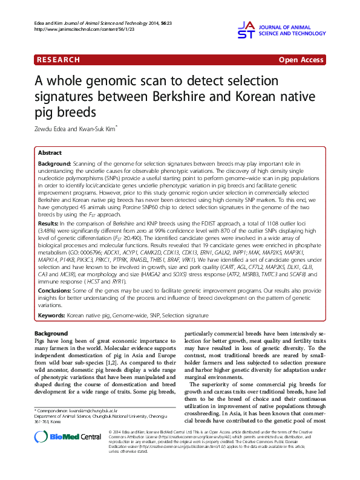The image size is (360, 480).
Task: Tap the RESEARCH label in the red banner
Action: pos(59,60)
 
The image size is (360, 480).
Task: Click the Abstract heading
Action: pos(51,154)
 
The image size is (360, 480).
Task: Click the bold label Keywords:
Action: pos(51,315)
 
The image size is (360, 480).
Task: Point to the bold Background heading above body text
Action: pos(51,334)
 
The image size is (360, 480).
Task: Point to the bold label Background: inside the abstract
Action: pos(54,164)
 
